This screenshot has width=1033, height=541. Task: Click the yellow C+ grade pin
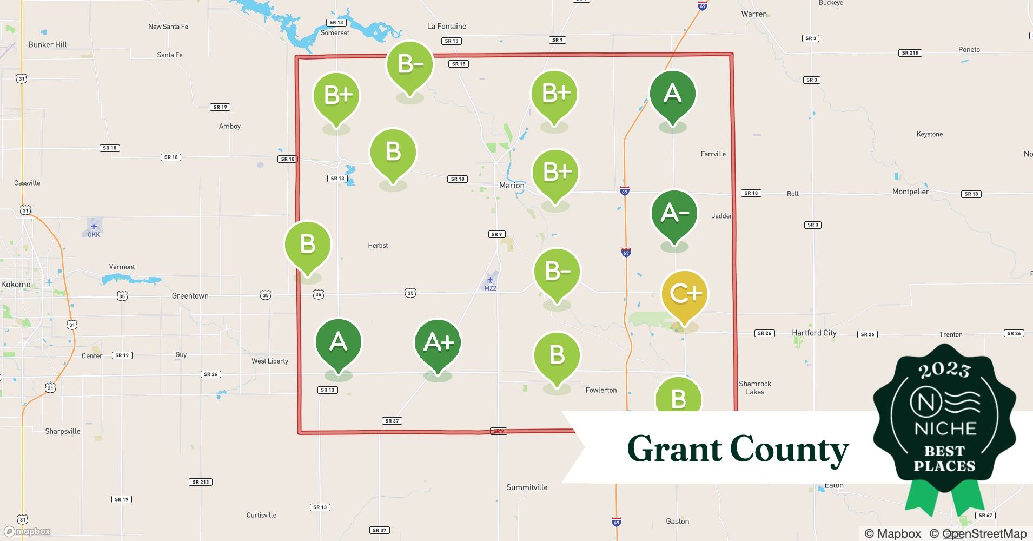[684, 294]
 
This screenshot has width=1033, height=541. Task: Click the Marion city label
[512, 186]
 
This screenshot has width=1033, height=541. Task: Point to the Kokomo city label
[16, 285]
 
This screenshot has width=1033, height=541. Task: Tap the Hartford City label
[814, 333]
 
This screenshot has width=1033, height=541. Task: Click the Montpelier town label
[910, 192]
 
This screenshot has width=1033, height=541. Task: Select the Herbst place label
[378, 246]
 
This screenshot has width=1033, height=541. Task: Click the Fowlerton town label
[601, 390]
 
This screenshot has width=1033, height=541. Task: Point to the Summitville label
[527, 487]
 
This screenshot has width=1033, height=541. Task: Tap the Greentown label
[190, 296]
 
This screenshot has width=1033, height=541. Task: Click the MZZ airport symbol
[490, 280]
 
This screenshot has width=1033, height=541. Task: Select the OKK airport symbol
[94, 227]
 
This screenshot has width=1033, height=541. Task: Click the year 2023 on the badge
[944, 370]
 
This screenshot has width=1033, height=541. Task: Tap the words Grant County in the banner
[738, 449]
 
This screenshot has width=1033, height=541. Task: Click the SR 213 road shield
[201, 482]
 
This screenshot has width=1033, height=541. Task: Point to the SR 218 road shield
[910, 53]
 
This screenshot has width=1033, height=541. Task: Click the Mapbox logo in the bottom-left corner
[28, 531]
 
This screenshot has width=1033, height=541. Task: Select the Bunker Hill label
[48, 45]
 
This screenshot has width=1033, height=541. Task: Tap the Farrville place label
[713, 154]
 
